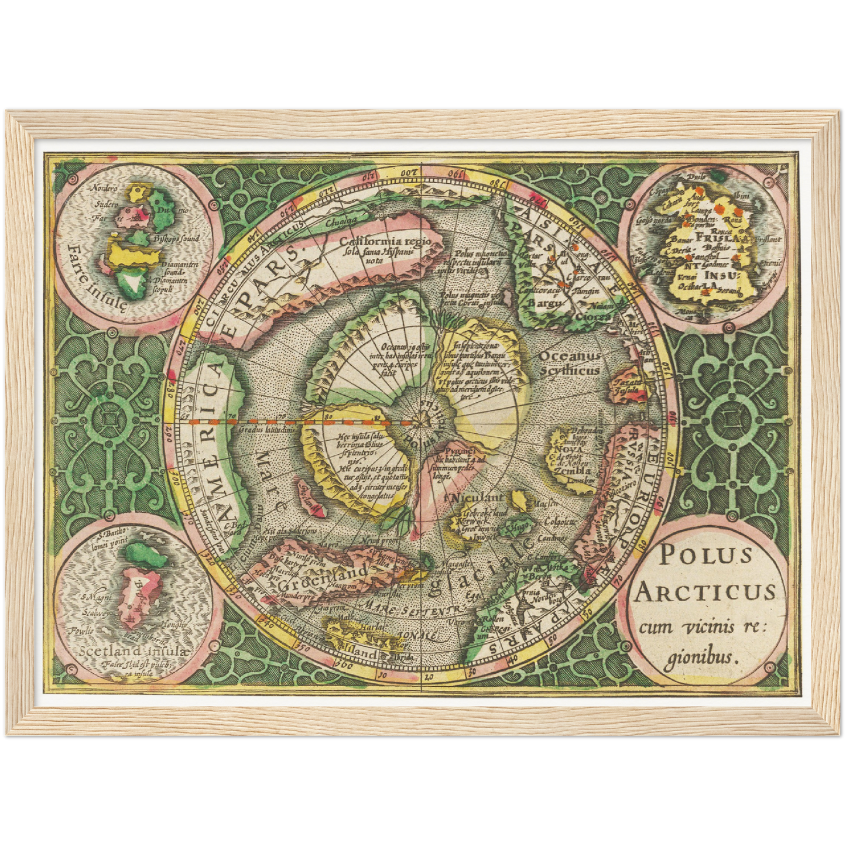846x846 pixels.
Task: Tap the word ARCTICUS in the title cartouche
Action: tap(705, 592)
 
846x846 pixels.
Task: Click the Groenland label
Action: tap(324, 571)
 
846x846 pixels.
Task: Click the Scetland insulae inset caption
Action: tap(135, 651)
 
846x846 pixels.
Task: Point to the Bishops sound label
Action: tap(176, 239)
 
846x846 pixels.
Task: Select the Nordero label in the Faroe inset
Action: tap(105, 189)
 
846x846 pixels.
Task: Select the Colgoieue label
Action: tap(557, 520)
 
